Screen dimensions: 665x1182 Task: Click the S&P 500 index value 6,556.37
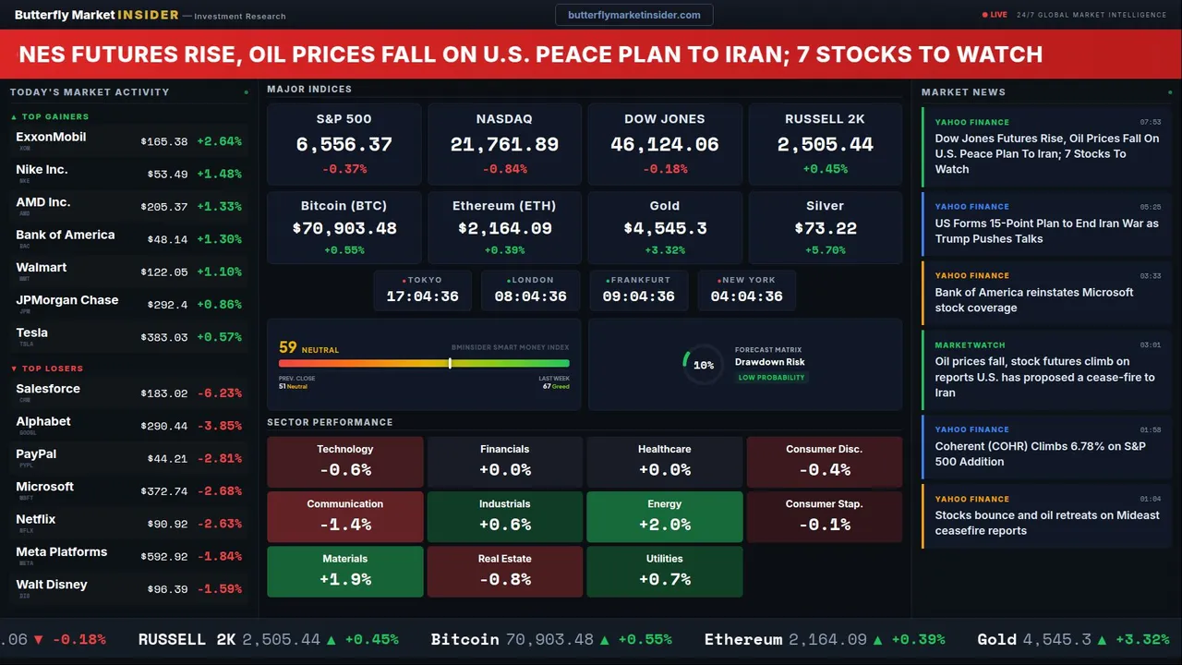click(x=344, y=145)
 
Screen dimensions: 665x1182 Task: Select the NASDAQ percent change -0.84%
click(x=504, y=169)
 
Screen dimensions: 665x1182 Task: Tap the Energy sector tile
click(x=665, y=516)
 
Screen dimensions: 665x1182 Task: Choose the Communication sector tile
click(x=344, y=516)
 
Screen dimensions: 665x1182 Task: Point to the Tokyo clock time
click(x=422, y=296)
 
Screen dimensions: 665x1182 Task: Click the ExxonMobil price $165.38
click(x=164, y=142)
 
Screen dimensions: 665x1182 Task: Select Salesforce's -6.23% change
click(x=219, y=393)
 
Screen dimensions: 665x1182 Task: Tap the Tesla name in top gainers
click(x=32, y=333)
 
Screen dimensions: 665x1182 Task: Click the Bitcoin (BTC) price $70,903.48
click(x=344, y=228)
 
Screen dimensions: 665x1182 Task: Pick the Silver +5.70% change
click(x=825, y=250)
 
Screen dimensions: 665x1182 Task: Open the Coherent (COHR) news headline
click(x=1040, y=453)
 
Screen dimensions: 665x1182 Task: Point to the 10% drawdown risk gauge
click(x=703, y=365)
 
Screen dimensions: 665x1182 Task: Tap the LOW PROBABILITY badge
click(x=771, y=378)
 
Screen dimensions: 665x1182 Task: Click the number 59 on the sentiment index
click(x=288, y=348)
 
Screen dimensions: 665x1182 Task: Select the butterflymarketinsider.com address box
click(x=633, y=15)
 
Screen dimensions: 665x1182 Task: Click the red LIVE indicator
click(x=995, y=15)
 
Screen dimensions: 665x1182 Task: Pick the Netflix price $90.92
click(x=167, y=525)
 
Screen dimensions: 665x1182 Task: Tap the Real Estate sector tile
click(x=504, y=571)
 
